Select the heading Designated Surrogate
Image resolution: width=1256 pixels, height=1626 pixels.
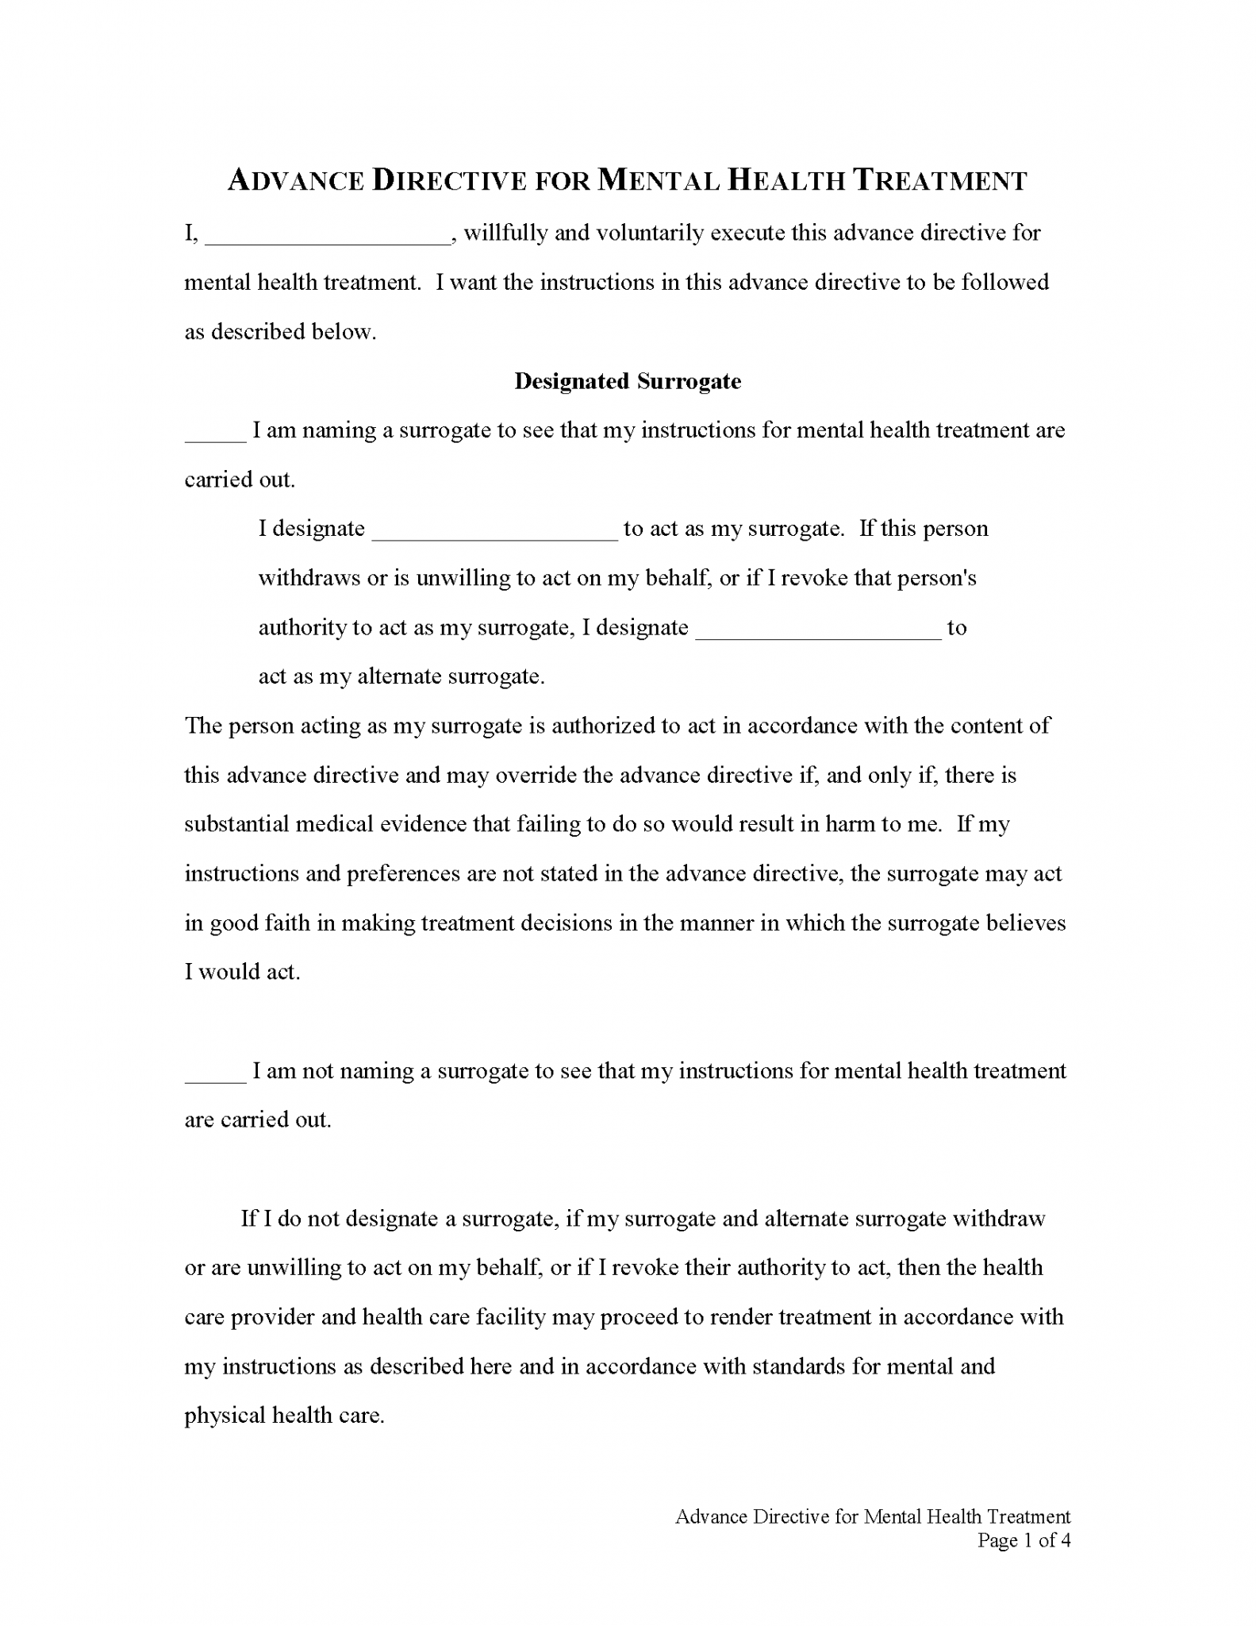point(628,381)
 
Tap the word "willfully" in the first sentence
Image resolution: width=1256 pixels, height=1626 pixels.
point(505,233)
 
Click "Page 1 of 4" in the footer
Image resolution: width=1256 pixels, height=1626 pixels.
point(1024,1541)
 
